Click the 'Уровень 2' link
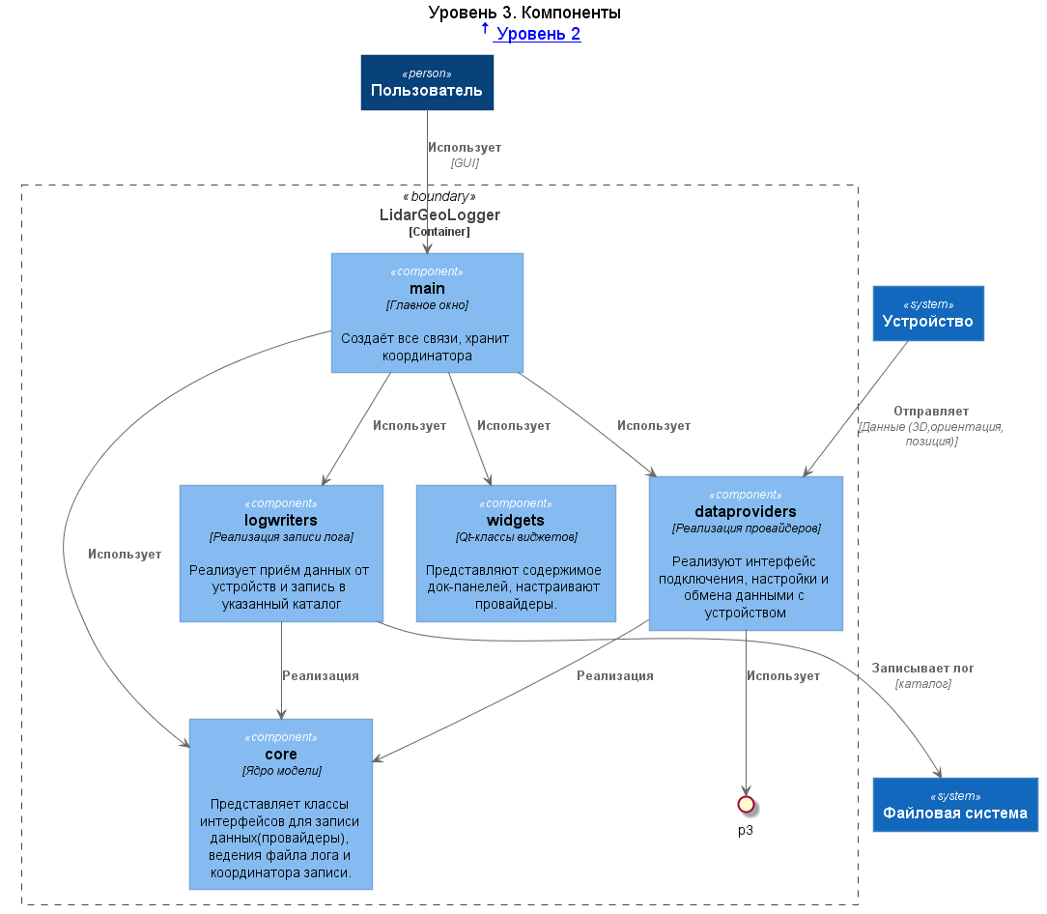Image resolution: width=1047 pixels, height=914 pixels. (x=537, y=34)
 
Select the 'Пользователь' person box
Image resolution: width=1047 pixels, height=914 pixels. (x=427, y=82)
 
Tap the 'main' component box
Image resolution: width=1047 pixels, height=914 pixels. (x=427, y=313)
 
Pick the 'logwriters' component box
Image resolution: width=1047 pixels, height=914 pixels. (x=281, y=554)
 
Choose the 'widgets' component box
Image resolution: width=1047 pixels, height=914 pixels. (x=516, y=554)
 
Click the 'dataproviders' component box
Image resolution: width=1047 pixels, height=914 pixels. (x=746, y=554)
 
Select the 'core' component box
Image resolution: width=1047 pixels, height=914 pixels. (x=281, y=804)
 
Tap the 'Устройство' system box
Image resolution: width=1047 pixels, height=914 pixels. (x=928, y=313)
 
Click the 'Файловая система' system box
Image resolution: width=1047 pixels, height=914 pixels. (x=955, y=805)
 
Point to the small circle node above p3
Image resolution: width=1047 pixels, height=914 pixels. (x=746, y=805)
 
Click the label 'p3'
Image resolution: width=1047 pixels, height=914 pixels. (x=746, y=831)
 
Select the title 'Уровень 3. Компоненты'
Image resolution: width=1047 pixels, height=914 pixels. (x=524, y=12)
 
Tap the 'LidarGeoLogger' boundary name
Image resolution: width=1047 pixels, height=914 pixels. (x=439, y=214)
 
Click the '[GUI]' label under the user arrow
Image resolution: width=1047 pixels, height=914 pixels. (x=465, y=163)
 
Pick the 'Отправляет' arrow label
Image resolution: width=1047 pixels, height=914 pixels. (x=931, y=411)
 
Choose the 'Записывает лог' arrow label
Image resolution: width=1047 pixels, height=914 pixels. (x=922, y=669)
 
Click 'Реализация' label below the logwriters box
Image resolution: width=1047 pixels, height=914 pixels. (x=321, y=675)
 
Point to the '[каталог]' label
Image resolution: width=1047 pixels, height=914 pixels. (x=922, y=683)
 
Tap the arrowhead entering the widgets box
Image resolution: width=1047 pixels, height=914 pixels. (x=489, y=480)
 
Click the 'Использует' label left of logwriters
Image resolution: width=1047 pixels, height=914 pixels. (x=125, y=554)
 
